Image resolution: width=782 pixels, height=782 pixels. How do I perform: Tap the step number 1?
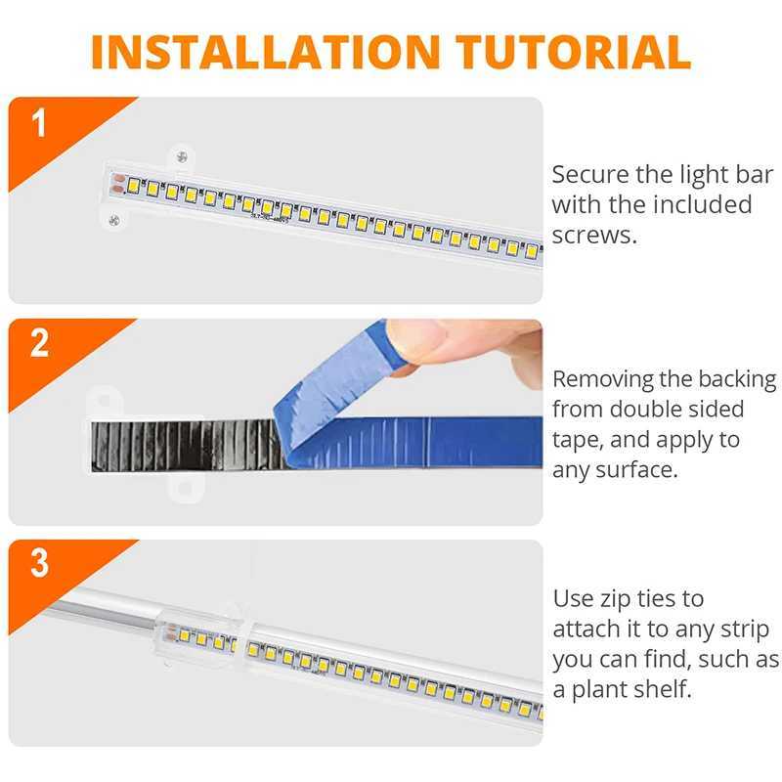click(x=39, y=124)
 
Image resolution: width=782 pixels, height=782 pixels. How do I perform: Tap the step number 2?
click(x=39, y=344)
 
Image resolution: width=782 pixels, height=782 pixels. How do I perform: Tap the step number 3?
click(x=39, y=564)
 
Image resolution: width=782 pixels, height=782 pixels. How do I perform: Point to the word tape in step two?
click(x=576, y=440)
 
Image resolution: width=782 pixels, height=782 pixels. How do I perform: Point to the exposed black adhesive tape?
click(x=176, y=446)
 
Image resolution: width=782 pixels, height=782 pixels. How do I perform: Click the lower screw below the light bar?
click(x=114, y=220)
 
